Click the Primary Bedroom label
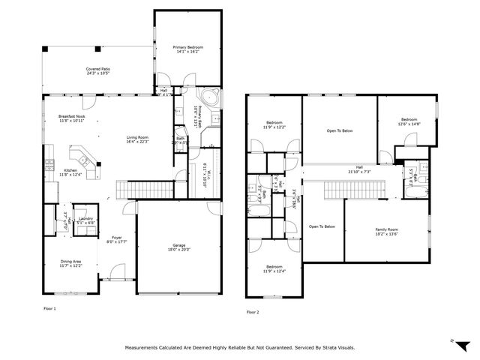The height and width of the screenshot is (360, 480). (188, 47)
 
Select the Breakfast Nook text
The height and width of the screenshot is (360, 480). (72, 117)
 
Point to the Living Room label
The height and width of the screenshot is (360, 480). (136, 137)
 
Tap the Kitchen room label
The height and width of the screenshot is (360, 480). (70, 170)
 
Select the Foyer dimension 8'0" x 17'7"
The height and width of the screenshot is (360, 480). (117, 241)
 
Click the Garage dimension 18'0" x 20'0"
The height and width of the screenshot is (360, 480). (178, 250)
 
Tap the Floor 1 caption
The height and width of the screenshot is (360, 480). (50, 308)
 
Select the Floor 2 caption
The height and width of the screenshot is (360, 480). (252, 312)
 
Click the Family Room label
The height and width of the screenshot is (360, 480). (386, 229)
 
